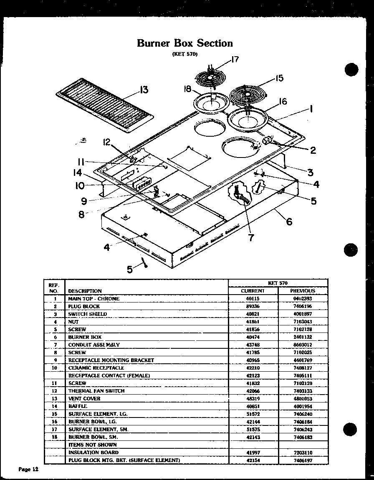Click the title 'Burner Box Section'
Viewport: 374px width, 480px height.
coord(185,43)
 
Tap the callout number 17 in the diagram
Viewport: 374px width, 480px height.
coord(235,60)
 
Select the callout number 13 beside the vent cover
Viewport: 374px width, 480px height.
coord(144,90)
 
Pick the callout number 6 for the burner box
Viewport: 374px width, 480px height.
coord(289,221)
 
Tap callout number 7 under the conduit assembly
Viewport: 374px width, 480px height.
coord(251,237)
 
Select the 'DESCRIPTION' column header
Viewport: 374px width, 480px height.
coord(85,291)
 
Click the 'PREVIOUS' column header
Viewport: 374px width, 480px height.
coord(303,291)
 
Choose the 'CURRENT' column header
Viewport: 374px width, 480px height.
coord(253,291)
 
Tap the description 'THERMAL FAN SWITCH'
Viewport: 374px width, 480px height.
coord(96,391)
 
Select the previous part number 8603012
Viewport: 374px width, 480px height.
coord(303,345)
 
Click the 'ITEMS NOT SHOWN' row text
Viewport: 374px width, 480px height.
coord(92,445)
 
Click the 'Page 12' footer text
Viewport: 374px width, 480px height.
coord(28,469)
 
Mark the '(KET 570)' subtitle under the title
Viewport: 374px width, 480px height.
coord(184,54)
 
